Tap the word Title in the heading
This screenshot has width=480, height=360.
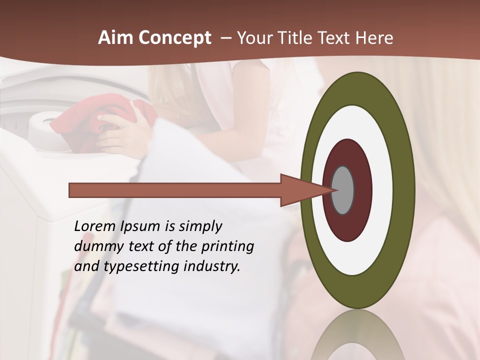point(294,37)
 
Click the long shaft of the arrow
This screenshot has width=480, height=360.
point(175,190)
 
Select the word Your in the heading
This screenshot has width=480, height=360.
point(253,37)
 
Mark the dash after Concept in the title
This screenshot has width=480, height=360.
point(225,37)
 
